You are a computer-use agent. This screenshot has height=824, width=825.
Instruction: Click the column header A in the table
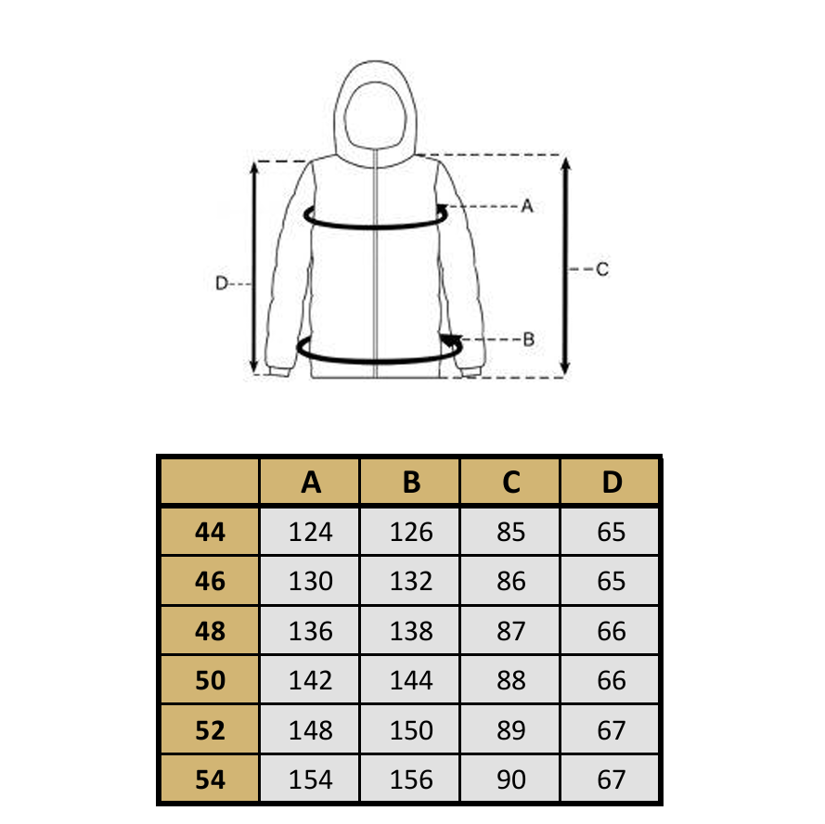click(311, 482)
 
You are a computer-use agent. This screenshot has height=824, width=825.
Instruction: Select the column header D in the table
click(612, 482)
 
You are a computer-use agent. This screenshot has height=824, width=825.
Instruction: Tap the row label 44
click(210, 532)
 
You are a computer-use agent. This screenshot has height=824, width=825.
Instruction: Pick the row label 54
click(210, 779)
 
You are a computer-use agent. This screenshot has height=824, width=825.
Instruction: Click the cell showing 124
click(311, 532)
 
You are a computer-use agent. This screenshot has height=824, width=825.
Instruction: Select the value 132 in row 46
click(411, 582)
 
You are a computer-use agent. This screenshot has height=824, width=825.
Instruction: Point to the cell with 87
click(511, 631)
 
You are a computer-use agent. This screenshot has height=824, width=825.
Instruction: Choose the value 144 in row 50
click(411, 680)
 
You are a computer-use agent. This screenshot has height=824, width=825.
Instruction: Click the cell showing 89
click(511, 730)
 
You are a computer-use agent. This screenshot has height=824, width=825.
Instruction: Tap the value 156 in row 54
click(411, 779)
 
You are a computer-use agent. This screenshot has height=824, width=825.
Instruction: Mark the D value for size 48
click(612, 631)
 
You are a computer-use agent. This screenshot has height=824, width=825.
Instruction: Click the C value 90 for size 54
click(511, 779)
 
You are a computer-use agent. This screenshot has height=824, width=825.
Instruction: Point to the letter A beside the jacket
click(527, 206)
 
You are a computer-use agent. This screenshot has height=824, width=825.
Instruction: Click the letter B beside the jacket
click(529, 340)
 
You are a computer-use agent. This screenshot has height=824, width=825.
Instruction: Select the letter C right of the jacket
click(602, 269)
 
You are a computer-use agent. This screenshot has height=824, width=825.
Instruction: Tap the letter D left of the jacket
click(222, 284)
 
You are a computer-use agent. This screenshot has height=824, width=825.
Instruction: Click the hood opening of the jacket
click(376, 116)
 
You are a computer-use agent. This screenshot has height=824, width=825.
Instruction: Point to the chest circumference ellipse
click(376, 226)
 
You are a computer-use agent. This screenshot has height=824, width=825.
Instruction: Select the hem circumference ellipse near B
click(379, 361)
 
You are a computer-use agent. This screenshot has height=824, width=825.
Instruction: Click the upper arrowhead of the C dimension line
click(565, 163)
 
